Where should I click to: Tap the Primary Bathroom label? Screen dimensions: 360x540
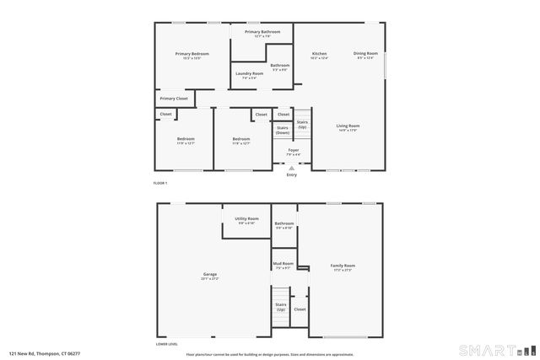point(262,32)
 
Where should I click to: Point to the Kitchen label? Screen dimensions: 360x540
point(319,54)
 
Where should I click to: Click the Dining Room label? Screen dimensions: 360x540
point(365,54)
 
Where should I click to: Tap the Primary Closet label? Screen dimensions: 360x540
point(173,98)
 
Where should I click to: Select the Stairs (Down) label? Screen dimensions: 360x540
point(282,130)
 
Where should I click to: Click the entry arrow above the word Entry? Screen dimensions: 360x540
point(292,168)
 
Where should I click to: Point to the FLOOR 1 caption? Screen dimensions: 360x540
point(160,183)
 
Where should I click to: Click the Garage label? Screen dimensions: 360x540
point(209,275)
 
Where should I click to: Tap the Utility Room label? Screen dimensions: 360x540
point(246,219)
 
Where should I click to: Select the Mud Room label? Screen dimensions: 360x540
point(283,264)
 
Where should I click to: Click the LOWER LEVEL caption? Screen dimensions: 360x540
point(165,344)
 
